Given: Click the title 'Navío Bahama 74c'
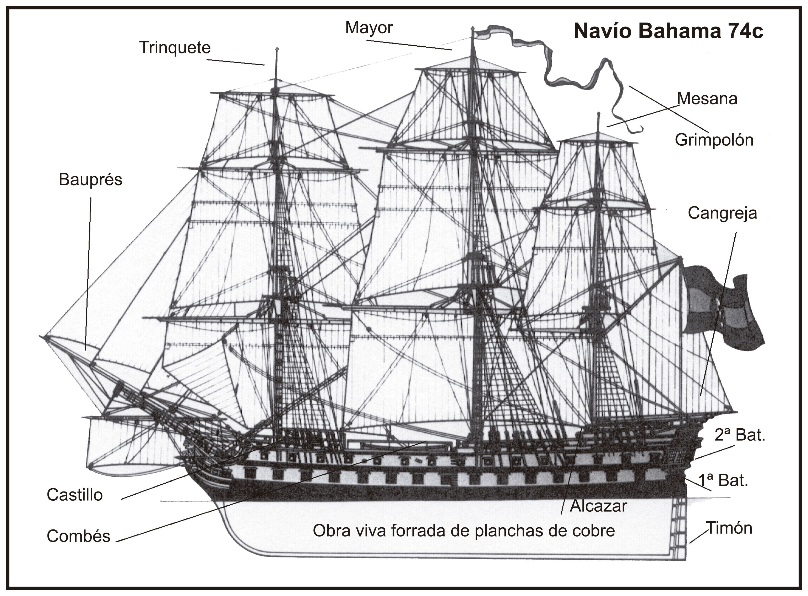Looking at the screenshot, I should pos(668,32).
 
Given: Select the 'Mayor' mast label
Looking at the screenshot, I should pos(369,28).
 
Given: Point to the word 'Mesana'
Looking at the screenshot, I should pos(707,99).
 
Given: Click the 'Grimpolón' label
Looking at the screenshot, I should pos(714,140).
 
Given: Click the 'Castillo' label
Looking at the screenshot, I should pos(75,495).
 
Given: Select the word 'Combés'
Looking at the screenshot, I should pos(78,536).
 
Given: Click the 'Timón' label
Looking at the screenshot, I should pos(729,528).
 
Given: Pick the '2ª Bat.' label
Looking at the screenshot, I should pos(740,435).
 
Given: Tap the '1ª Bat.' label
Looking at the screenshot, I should pos(723,480).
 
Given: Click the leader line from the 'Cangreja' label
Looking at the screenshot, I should pos(718,314).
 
